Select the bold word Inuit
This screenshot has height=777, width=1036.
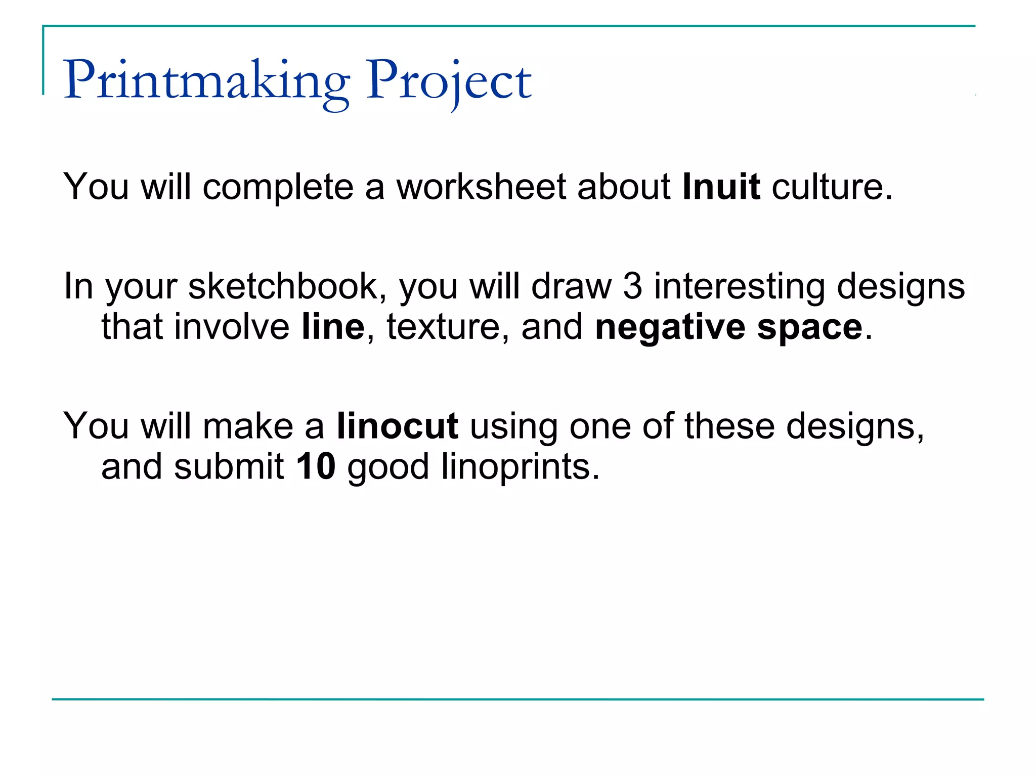pos(721,187)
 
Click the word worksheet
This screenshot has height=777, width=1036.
pos(481,187)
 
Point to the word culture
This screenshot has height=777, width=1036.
pos(832,187)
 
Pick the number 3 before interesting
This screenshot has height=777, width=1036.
pos(632,287)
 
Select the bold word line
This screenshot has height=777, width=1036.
pos(333,327)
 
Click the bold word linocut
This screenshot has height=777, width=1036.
pos(398,426)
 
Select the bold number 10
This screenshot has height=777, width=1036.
pos(316,466)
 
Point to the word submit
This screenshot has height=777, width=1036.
pos(229,466)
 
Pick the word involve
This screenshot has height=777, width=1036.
pos(232,327)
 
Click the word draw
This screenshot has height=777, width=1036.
pos(571,287)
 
